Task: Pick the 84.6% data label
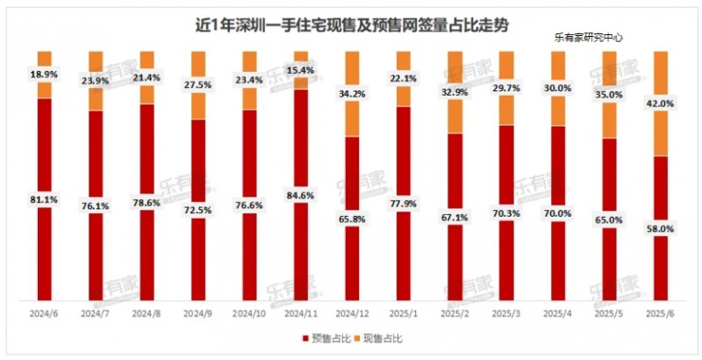[x=300, y=195]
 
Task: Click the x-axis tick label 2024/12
[x=351, y=312]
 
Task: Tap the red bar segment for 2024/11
[x=300, y=246]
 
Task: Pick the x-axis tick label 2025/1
[x=402, y=312]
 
